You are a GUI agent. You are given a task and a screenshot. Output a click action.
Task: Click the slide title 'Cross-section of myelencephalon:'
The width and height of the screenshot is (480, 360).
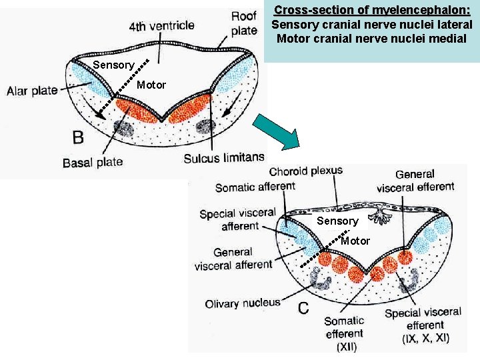coord(372,10)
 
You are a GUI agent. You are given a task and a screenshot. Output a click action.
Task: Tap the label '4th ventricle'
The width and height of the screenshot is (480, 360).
coord(162,26)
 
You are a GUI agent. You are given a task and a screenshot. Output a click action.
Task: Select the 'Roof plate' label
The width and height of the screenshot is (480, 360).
coord(244,23)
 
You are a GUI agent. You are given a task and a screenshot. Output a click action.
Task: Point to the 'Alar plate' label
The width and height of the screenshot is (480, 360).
coord(32,91)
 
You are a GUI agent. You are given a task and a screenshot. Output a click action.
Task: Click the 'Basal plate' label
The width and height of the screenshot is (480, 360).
coord(92,162)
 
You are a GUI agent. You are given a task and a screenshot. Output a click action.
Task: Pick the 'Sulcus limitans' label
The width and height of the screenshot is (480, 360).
coord(223,157)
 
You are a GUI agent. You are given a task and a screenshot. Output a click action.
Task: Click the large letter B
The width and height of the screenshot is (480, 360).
coord(79,137)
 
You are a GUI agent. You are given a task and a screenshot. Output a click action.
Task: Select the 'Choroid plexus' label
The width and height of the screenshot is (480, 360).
coord(305,171)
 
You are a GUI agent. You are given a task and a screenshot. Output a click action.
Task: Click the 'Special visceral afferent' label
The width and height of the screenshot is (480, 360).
coord(237,219)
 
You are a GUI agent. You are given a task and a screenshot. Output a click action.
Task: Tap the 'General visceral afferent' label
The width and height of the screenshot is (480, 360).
coord(233,259)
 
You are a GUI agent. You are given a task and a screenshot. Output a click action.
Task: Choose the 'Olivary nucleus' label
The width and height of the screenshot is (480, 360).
coord(243,303)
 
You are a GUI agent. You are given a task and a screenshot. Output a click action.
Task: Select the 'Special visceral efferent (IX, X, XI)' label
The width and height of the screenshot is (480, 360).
coord(424,325)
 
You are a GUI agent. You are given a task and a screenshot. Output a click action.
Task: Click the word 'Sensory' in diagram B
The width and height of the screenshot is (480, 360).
coord(113,65)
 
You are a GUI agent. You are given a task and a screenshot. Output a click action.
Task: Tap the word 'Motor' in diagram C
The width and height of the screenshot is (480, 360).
coord(355,241)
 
